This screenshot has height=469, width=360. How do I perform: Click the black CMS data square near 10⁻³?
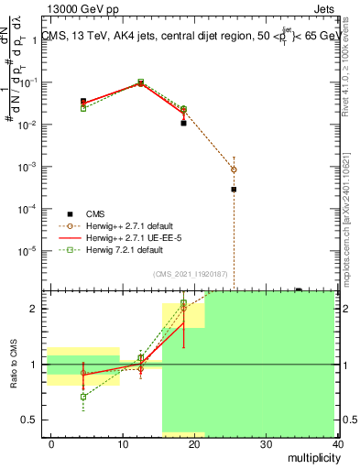pos(234,190)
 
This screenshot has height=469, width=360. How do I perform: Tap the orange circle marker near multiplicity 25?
pos(234,169)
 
